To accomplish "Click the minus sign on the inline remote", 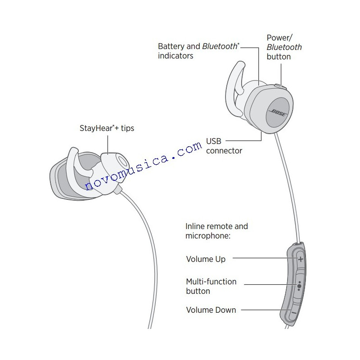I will click(293, 312).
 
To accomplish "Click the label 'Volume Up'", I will click(206, 259).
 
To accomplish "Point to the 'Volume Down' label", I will click(211, 310).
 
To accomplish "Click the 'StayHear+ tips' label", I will click(107, 128).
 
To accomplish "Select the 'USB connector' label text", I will click(224, 146).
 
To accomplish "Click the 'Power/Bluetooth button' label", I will click(284, 47).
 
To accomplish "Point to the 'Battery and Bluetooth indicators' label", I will click(198, 51).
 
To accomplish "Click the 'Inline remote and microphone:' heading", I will click(216, 231).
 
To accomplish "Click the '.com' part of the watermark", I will click(187, 151).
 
